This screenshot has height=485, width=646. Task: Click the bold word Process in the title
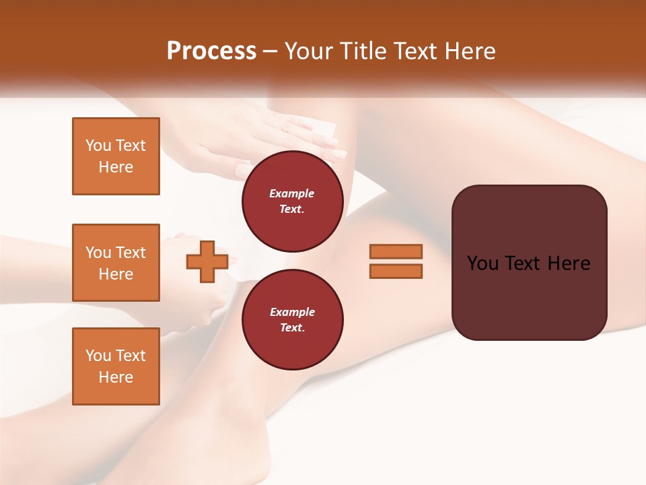[x=211, y=51]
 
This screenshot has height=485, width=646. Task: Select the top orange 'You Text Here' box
[x=116, y=156]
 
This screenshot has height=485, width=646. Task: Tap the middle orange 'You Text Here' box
[x=116, y=263]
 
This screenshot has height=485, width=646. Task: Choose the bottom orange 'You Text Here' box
[x=116, y=366]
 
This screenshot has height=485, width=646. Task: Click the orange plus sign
[x=207, y=261]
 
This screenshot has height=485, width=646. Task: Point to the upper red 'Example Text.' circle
[x=292, y=201]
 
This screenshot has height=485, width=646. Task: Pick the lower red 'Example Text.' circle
[x=292, y=319]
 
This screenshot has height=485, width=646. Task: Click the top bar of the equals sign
[x=396, y=251]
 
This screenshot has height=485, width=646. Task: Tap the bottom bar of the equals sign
[x=396, y=271]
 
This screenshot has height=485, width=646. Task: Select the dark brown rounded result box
[x=529, y=263]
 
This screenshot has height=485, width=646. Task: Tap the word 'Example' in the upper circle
[x=292, y=193]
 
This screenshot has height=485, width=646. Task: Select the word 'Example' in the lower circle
[x=292, y=312]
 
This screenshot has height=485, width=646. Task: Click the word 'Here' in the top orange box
[x=116, y=167]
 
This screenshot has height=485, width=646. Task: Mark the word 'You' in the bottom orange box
[x=98, y=356]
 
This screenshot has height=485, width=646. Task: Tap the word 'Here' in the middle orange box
[x=116, y=274]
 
